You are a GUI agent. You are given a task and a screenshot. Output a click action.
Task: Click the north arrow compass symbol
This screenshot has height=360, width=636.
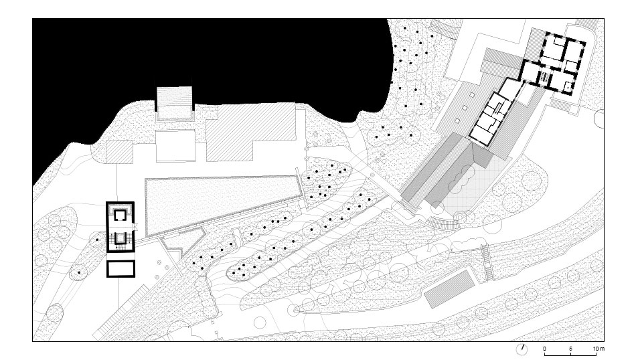pyautogui.click(x=522, y=349)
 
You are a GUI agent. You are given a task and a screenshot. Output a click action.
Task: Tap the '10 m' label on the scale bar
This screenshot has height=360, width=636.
pyautogui.click(x=599, y=349)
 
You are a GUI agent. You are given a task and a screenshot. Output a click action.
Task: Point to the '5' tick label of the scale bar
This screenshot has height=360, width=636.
pyautogui.click(x=570, y=349)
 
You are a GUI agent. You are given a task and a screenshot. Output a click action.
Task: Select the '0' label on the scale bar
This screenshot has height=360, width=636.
pyautogui.click(x=544, y=349)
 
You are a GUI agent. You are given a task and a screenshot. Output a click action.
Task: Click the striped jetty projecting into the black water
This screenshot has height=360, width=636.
pyautogui.click(x=174, y=103)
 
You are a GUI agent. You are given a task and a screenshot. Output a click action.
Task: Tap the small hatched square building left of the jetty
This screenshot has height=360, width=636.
pyautogui.click(x=120, y=152)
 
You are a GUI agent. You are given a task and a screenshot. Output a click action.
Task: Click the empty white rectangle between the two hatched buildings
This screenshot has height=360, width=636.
pyautogui.click(x=175, y=146)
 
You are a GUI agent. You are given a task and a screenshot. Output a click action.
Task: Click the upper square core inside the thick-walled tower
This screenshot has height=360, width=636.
pyautogui.click(x=120, y=215)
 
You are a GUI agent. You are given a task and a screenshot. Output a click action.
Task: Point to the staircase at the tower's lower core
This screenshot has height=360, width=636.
pyautogui.click(x=120, y=238)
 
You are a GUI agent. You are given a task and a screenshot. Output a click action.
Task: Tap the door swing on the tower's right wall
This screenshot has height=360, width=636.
pyautogui.click(x=136, y=227)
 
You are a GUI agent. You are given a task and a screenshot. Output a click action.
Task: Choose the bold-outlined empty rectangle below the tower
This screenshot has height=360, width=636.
pyautogui.click(x=121, y=269)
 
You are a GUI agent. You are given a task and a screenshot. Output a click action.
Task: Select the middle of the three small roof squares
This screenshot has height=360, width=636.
pyautogui.click(x=465, y=108)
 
